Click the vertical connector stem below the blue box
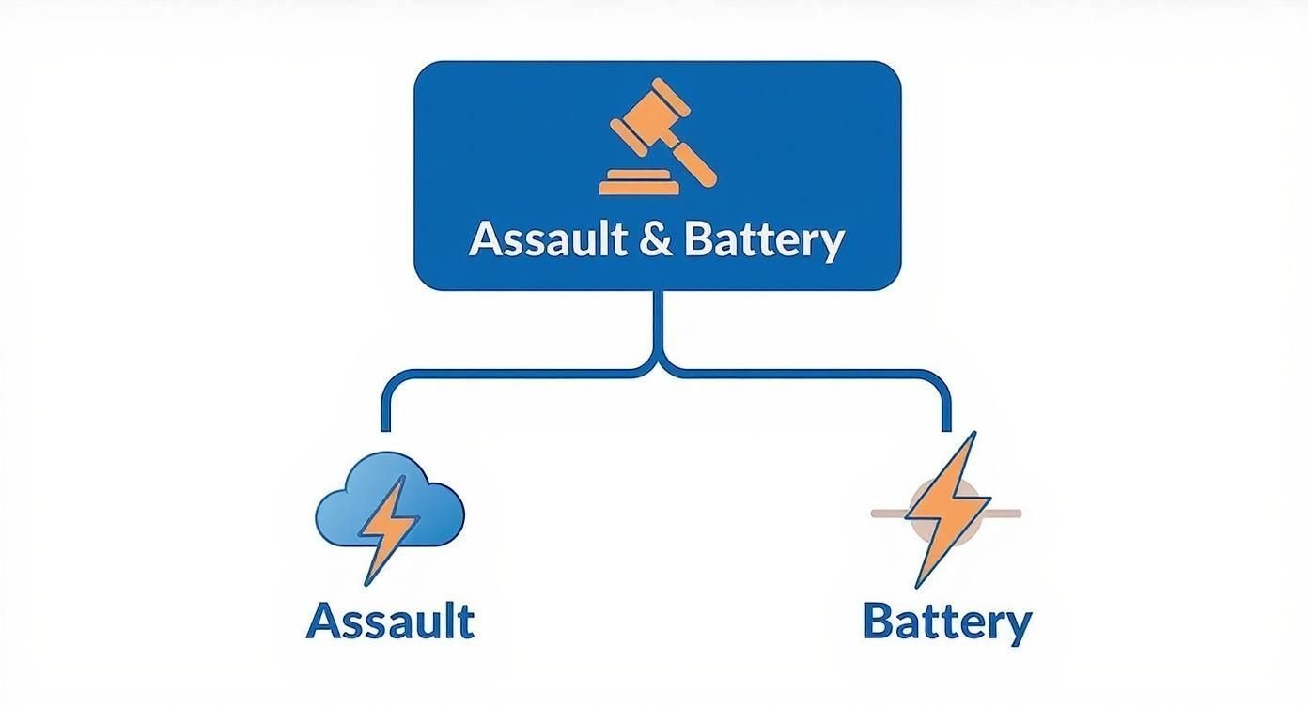(662, 324)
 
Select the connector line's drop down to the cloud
(385, 404)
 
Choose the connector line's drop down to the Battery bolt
(946, 404)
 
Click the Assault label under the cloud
(390, 621)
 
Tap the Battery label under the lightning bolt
(946, 622)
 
